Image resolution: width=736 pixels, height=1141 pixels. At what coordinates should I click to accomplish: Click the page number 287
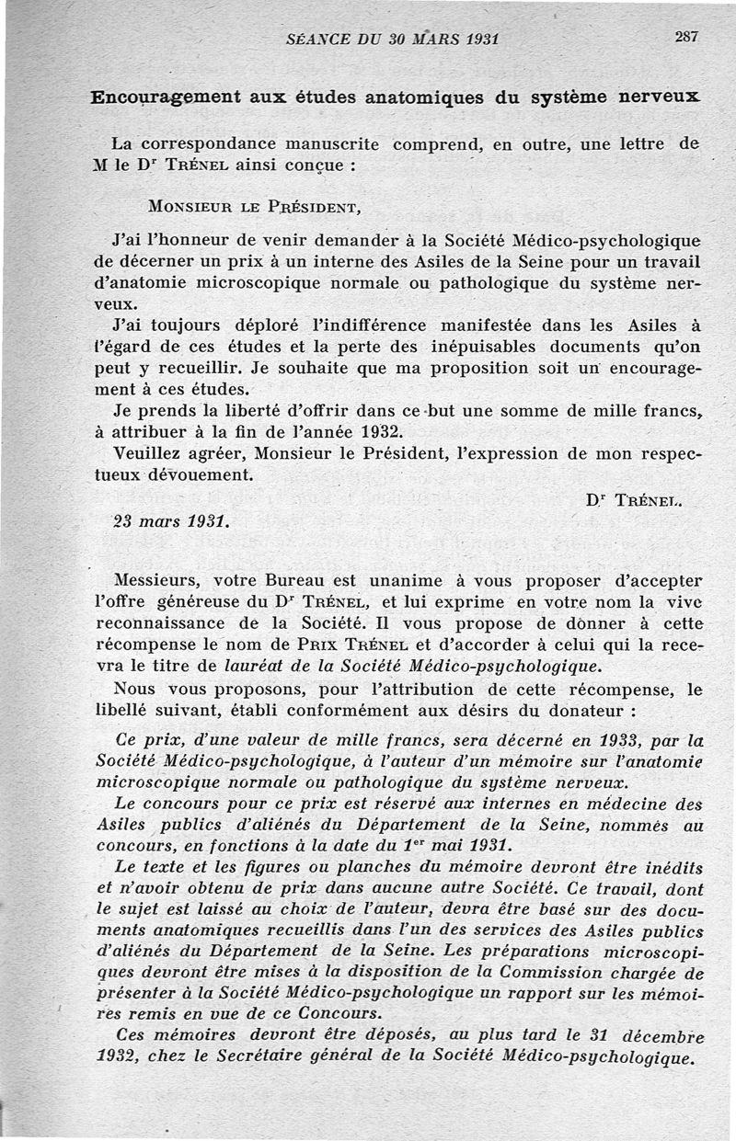tap(685, 37)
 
